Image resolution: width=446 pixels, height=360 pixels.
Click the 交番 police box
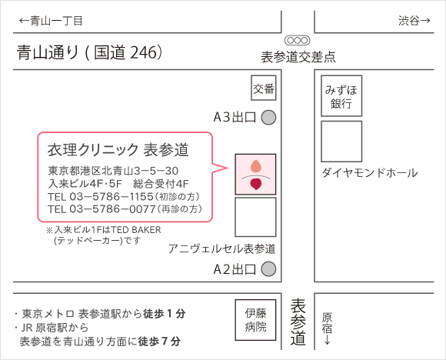click(x=264, y=88)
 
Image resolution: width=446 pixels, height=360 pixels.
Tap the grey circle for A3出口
click(x=268, y=117)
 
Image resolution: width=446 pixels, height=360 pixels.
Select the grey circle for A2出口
click(x=268, y=269)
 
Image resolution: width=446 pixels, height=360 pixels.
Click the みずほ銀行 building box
click(x=341, y=96)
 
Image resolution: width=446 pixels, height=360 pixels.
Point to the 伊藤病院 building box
click(x=255, y=320)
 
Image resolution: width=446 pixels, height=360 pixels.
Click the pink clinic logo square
click(x=255, y=175)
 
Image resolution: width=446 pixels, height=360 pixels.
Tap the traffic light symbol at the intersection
click(x=298, y=40)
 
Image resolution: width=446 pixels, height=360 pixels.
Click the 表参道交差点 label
click(x=298, y=57)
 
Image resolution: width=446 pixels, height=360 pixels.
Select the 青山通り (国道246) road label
click(x=90, y=52)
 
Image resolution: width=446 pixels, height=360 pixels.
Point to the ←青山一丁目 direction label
click(x=51, y=21)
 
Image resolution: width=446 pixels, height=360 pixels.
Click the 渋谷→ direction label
click(x=414, y=21)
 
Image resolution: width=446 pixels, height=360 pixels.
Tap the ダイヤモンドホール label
click(x=370, y=173)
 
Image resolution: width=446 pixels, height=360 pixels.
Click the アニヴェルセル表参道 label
click(x=222, y=248)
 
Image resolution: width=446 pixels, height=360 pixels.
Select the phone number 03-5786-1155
click(x=111, y=196)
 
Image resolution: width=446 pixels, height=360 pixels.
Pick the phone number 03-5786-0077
click(x=112, y=209)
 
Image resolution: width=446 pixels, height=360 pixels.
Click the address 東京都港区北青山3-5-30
click(x=113, y=171)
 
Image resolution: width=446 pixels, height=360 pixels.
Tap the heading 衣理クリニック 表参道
click(x=118, y=150)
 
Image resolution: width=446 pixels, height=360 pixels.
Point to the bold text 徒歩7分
click(x=159, y=342)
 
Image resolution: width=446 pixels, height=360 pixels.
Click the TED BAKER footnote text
click(x=104, y=235)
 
